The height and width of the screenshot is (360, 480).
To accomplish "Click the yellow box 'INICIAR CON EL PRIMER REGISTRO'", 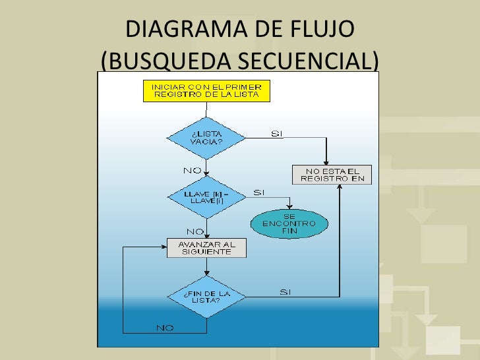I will click(207, 90).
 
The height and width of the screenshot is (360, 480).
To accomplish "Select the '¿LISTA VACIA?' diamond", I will click(206, 138).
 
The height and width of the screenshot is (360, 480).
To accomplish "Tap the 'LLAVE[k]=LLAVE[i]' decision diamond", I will click(206, 196).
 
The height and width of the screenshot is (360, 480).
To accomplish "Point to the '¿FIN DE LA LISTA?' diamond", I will click(206, 295).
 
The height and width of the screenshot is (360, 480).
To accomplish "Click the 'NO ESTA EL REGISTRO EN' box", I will click(332, 174).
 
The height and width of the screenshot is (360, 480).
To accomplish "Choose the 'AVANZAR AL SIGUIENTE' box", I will click(206, 247).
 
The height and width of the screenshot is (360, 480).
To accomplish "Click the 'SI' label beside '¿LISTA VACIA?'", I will click(277, 134).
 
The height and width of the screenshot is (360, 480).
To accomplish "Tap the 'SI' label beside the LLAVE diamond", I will click(259, 193).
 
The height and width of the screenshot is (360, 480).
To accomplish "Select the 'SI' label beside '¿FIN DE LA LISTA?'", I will click(285, 291).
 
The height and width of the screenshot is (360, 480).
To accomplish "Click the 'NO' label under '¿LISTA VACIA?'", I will click(192, 170).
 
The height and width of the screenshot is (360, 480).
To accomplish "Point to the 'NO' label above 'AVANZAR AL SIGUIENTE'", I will click(195, 231).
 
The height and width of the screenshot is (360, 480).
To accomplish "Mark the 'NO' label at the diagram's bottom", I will click(165, 328).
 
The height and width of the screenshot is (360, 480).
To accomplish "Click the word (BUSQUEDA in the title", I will click(165, 60).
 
